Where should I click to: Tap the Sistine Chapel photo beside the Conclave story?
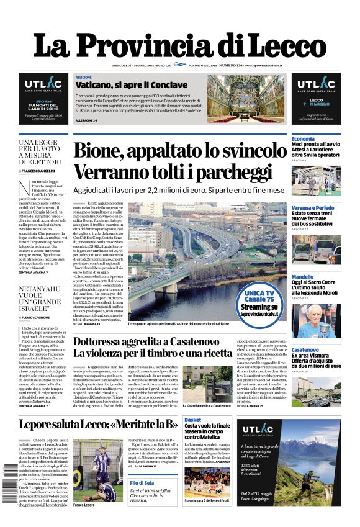point(254,99)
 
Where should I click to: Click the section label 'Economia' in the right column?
point(303,138)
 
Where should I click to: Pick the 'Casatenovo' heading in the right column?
point(305,350)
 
